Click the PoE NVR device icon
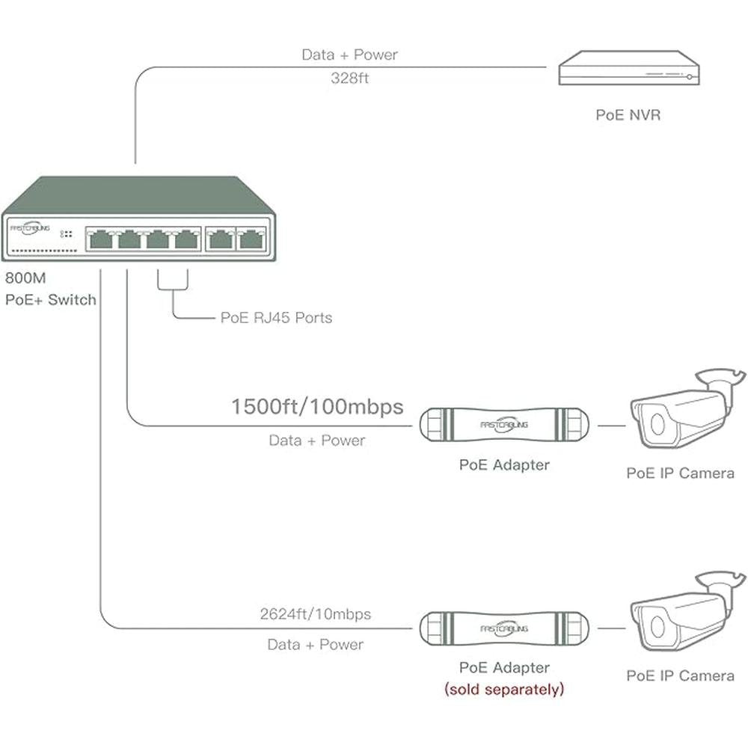pos(628,69)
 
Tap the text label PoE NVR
pos(628,115)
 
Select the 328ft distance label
pos(349,78)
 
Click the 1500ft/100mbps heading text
pos(316,407)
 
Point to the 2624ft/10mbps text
pos(316,614)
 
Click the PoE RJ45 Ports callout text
pos(276,317)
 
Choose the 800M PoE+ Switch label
pos(50,289)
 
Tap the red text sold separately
pos(504,689)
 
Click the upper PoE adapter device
pos(503,426)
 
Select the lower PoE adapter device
pos(503,629)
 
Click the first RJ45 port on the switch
pos(99,239)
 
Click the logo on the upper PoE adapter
pos(503,424)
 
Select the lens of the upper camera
pos(656,423)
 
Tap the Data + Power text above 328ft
pos(349,55)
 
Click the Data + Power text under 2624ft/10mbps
pos(316,644)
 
